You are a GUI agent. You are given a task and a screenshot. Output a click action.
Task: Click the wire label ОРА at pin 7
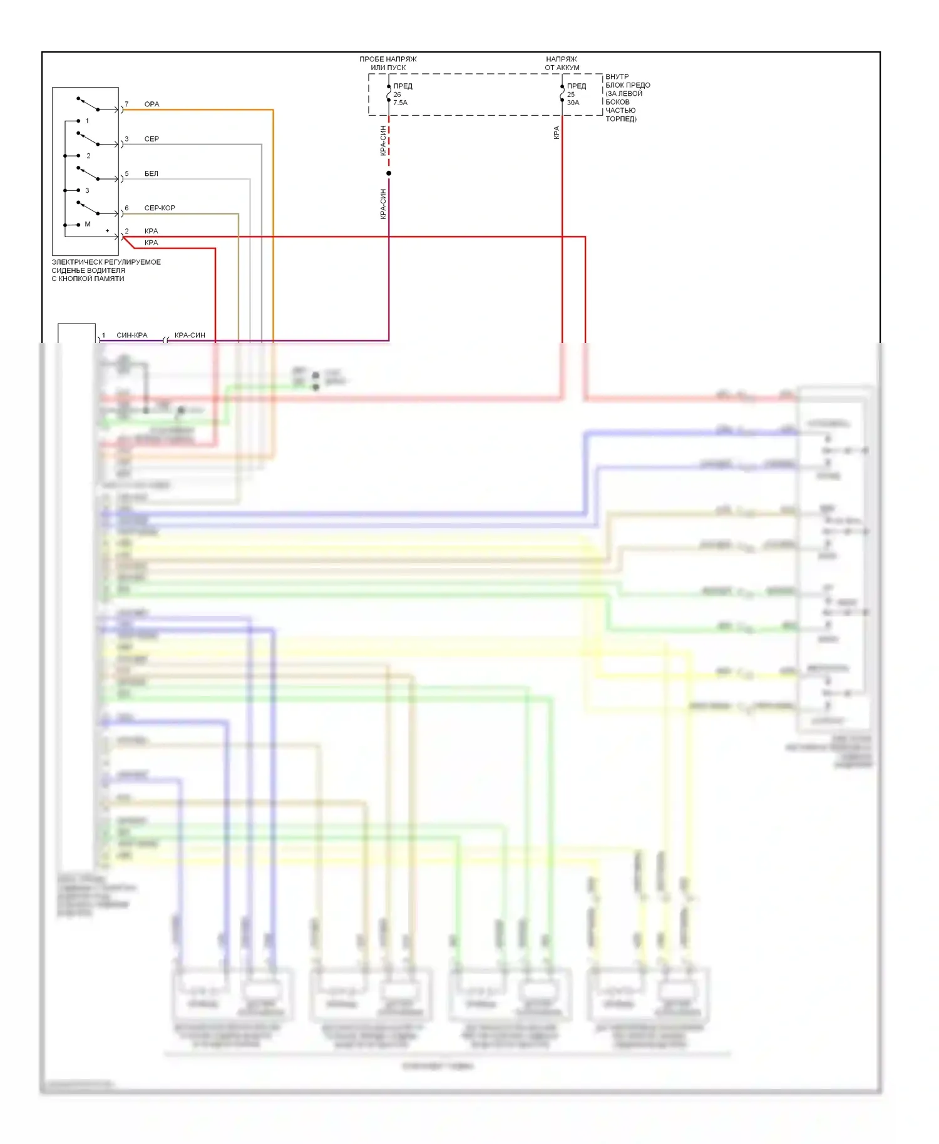tap(151, 104)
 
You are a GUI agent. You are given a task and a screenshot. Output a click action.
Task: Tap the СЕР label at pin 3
tap(151, 139)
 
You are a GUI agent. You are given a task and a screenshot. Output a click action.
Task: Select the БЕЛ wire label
tap(151, 173)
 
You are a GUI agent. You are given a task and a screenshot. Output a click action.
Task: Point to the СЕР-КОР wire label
tap(160, 208)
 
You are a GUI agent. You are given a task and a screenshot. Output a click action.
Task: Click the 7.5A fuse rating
tap(400, 103)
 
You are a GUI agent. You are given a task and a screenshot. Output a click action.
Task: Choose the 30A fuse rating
tap(573, 103)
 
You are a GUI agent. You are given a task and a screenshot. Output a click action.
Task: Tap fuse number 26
tap(397, 94)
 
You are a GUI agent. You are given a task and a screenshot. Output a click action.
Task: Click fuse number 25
tap(571, 94)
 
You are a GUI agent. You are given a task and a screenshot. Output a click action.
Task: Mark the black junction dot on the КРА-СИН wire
tap(389, 173)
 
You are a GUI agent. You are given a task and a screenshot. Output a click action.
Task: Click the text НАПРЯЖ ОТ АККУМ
tap(562, 63)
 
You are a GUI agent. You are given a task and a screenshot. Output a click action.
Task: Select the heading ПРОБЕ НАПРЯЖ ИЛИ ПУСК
tap(387, 63)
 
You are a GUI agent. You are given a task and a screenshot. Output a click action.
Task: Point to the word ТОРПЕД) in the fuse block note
tap(621, 119)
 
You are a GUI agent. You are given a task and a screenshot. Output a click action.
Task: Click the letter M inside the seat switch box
tap(88, 224)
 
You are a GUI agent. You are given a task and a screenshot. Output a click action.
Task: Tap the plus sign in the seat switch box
tap(107, 231)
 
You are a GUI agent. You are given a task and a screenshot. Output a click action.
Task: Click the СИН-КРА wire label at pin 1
tap(132, 335)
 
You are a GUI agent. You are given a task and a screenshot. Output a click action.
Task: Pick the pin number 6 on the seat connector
tap(126, 208)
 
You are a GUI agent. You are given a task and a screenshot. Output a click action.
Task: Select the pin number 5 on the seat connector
tap(126, 173)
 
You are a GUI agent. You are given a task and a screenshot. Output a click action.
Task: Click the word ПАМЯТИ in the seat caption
tap(109, 278)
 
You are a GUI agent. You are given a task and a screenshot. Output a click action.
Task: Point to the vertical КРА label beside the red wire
tap(557, 133)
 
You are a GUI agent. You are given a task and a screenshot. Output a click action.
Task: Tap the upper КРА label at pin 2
tap(151, 231)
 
